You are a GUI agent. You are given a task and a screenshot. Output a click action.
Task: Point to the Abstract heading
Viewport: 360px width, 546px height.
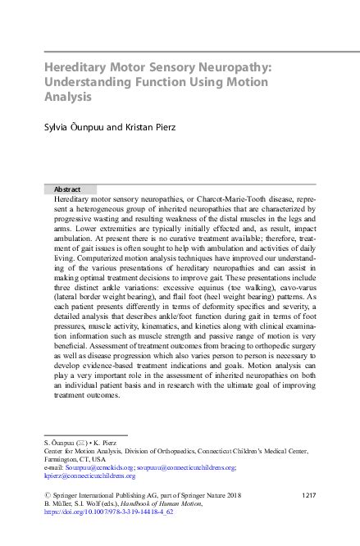click(x=66, y=189)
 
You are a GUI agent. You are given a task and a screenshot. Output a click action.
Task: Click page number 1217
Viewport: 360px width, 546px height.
click(x=309, y=495)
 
